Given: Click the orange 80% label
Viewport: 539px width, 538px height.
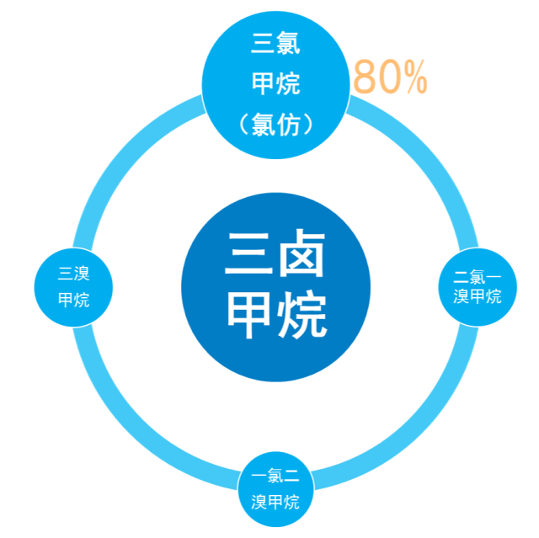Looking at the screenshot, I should coord(390,77).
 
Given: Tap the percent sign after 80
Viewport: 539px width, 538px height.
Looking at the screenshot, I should coord(414,77).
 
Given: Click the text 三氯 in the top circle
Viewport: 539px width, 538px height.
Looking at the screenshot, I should coord(275,41).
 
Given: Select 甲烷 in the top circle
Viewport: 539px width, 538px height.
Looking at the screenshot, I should coord(275,83).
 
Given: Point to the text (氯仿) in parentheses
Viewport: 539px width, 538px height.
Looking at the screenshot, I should coord(275,125).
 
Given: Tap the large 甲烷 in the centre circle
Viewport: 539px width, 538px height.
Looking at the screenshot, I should coord(275,313).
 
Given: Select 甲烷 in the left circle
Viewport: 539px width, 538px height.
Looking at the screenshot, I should coord(73,300).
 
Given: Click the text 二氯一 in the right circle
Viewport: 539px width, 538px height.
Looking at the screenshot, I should coord(478,276).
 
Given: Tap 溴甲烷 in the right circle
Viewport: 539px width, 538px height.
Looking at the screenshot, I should coord(478,296).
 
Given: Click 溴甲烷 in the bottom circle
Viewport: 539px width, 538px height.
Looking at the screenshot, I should coord(275,503).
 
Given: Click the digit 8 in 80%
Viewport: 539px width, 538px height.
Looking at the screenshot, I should coord(365,77).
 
